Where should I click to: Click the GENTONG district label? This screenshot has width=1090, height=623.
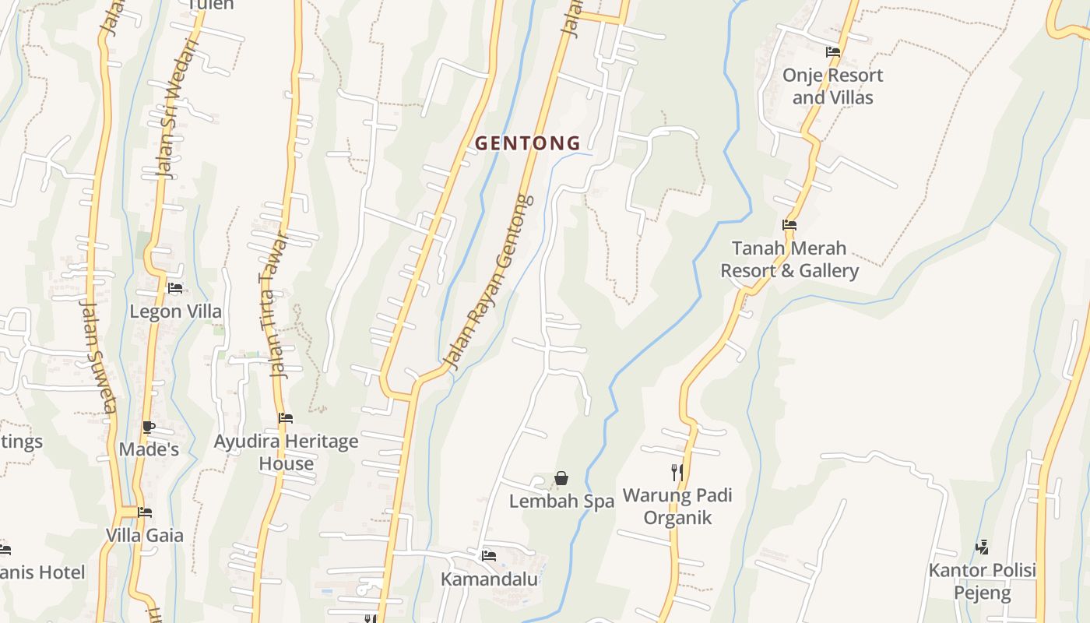point(528,143)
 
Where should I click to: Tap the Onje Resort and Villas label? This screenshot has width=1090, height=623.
point(832,86)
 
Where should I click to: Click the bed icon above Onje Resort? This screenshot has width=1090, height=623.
point(832,52)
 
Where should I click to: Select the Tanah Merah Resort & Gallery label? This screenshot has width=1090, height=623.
point(789,259)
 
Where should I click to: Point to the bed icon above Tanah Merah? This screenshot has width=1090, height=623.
point(789,225)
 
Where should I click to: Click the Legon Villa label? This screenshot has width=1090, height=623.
point(175,311)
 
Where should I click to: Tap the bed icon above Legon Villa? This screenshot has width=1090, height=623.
point(175,287)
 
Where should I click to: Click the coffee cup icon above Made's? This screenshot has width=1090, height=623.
point(149,427)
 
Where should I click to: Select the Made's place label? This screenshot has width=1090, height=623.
point(149,449)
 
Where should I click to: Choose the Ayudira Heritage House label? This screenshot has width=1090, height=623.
point(286,452)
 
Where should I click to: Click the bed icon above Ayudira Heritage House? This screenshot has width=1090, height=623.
point(286,418)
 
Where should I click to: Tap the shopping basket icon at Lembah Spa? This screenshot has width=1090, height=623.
point(561,478)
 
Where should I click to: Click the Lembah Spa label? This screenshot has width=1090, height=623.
point(561,502)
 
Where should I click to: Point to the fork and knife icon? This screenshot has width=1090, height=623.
point(677,472)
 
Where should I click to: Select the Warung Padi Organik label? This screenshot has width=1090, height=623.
point(677,506)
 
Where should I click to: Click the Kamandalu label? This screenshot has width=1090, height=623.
point(489,579)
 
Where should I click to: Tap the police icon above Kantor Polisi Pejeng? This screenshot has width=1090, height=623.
point(982,547)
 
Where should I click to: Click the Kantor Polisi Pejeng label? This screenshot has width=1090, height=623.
point(982,582)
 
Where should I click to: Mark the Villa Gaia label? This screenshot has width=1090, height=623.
point(145,536)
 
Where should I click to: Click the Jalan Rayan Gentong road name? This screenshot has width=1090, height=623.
point(488,282)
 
